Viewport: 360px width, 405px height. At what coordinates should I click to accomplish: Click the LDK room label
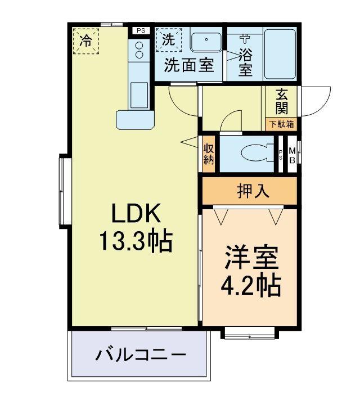[136, 214]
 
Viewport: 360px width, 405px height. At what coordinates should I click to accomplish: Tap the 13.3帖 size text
[136, 242]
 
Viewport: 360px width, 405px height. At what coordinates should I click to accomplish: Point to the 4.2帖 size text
[250, 286]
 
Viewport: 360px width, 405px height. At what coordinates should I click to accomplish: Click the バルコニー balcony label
[140, 355]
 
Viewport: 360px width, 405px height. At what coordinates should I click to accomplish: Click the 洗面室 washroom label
[188, 65]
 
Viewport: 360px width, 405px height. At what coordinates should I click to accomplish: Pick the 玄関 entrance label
[282, 101]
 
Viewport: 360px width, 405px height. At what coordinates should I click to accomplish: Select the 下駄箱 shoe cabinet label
[281, 124]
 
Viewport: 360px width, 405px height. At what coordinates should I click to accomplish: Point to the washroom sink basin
[206, 42]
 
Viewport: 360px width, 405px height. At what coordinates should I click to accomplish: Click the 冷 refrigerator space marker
[85, 40]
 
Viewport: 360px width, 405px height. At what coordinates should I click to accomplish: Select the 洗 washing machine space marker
[168, 39]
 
